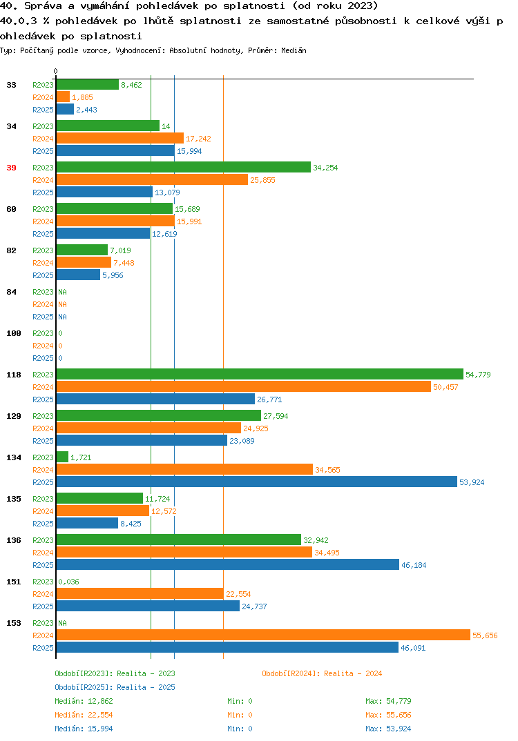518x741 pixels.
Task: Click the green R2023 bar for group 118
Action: (x=260, y=374)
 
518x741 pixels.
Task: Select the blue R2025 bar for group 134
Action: (x=257, y=482)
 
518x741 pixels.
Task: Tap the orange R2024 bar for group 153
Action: (x=264, y=635)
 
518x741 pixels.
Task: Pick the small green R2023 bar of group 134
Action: (x=62, y=457)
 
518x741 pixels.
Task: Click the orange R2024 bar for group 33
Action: (x=63, y=97)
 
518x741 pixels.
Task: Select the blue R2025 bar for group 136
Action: (x=227, y=565)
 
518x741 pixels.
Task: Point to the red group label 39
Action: (x=11, y=168)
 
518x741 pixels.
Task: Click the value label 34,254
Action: (x=325, y=168)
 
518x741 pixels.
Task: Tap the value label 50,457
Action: (x=445, y=387)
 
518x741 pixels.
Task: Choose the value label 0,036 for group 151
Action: (x=68, y=582)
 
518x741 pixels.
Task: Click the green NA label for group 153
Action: (x=62, y=623)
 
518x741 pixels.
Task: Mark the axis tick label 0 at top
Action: (x=56, y=71)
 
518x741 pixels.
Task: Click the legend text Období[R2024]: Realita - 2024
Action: (x=322, y=673)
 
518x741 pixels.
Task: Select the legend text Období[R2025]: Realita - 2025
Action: (x=115, y=687)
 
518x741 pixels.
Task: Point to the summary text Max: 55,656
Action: (x=388, y=715)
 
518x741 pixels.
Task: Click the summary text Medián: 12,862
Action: (x=84, y=701)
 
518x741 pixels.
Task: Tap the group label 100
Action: (x=14, y=334)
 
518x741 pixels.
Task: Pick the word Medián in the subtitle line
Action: (x=294, y=50)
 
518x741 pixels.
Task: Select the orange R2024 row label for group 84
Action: (x=43, y=304)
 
